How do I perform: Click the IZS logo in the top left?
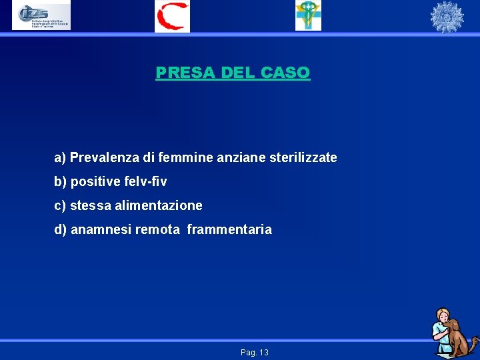point(41,16)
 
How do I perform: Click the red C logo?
point(172,16)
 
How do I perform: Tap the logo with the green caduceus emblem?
point(308,16)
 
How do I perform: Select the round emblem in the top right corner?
point(446,17)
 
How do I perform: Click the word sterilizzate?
point(303,158)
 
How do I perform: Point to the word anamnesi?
point(101,230)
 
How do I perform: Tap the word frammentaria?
point(229,230)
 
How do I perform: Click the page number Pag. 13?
point(255,352)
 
